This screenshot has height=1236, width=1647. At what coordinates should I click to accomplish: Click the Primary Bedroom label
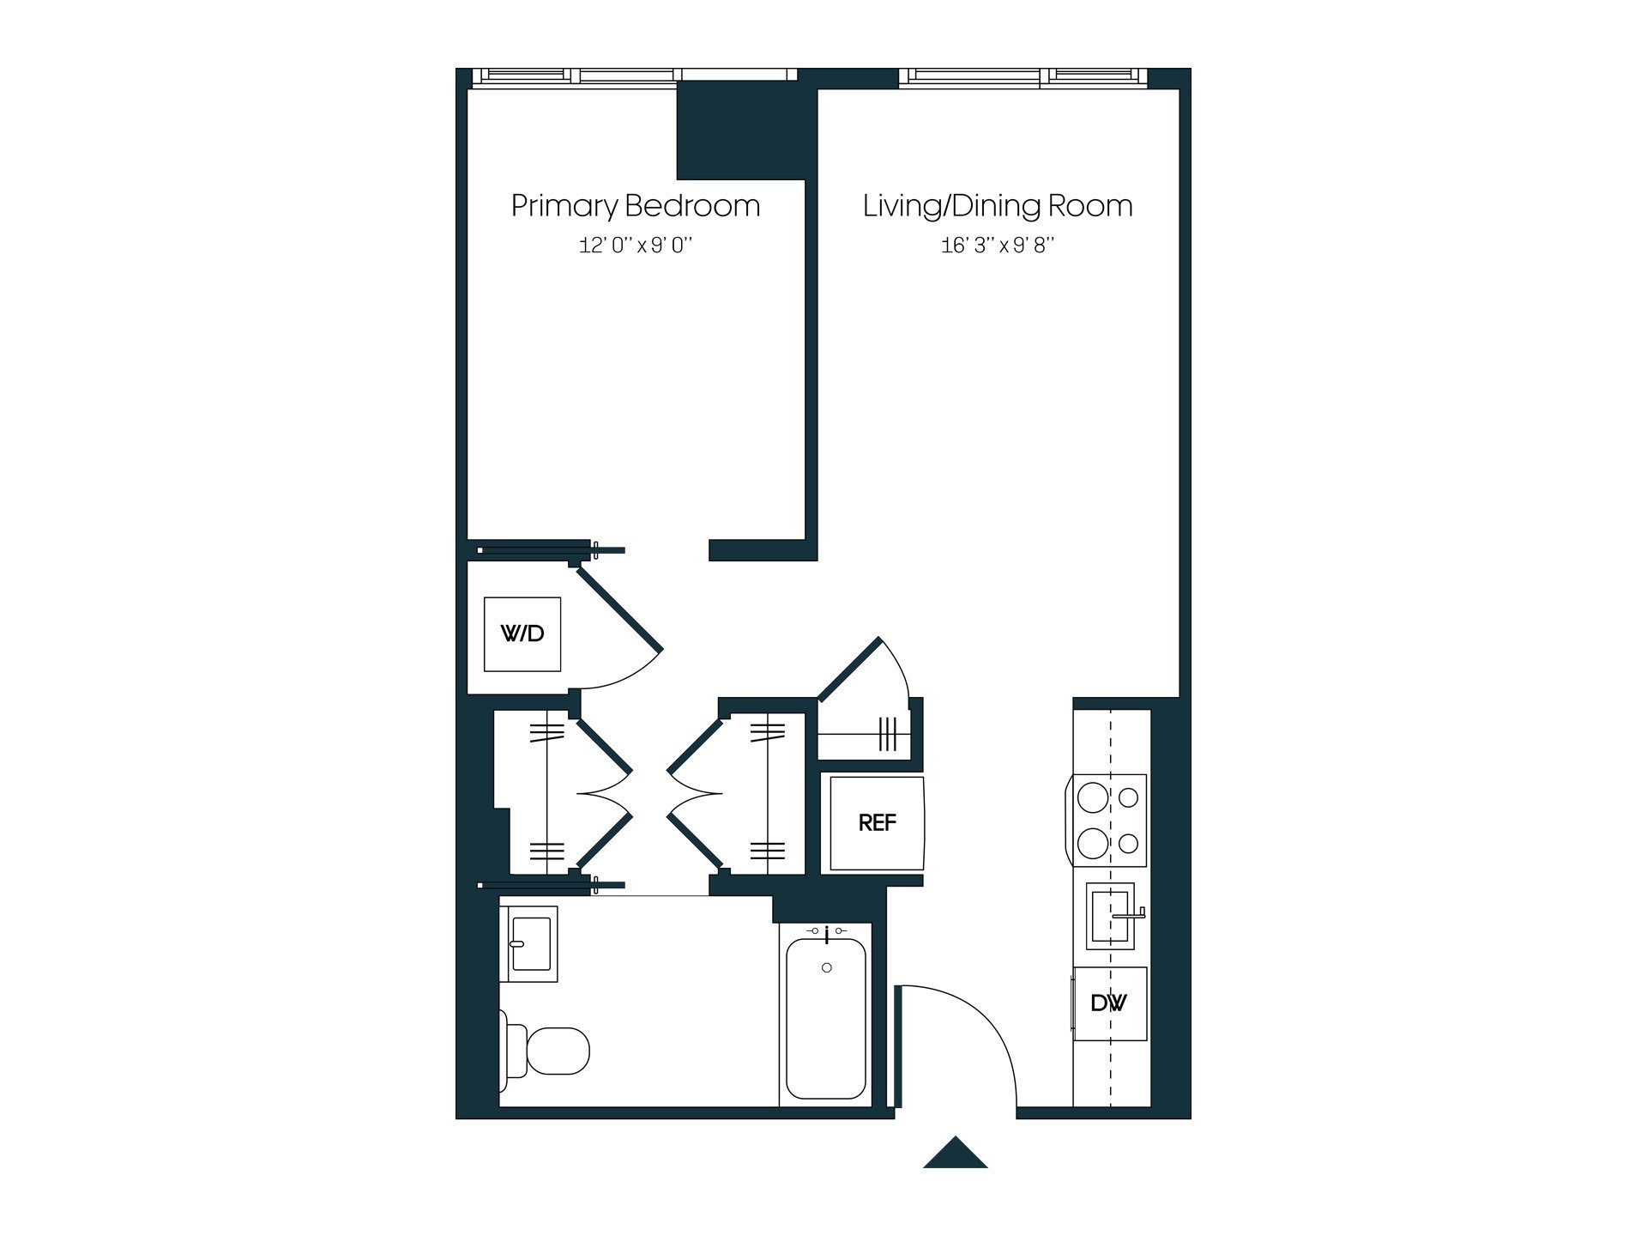[635, 206]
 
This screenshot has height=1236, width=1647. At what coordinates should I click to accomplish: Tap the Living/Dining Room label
[997, 206]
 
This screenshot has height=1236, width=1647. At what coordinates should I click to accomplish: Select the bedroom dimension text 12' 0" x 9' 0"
[635, 246]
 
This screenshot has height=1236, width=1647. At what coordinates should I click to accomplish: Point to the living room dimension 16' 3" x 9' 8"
[997, 246]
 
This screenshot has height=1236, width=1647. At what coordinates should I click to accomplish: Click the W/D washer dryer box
[522, 634]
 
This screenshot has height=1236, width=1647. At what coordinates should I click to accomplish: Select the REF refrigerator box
[877, 823]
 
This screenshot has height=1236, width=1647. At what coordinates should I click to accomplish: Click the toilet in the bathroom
[549, 1051]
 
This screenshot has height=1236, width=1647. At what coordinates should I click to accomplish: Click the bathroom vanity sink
[531, 943]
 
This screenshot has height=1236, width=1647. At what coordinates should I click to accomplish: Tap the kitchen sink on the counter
[1110, 916]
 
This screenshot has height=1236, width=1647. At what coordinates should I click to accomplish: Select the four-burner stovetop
[1108, 821]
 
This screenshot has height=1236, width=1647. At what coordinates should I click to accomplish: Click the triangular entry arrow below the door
[955, 1154]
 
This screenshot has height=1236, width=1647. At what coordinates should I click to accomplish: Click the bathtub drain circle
[826, 967]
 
